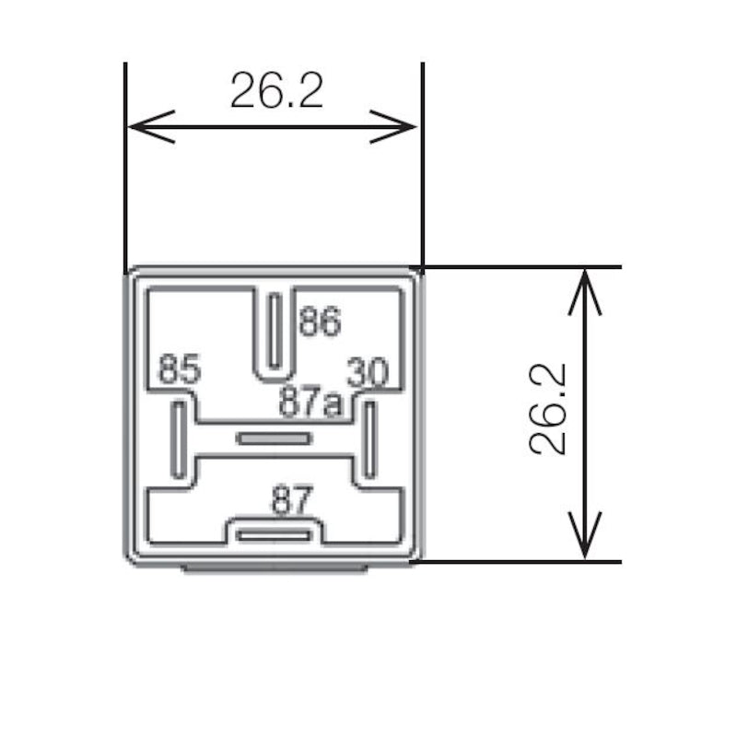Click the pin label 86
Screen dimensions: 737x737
320,321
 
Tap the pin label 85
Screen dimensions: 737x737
180,369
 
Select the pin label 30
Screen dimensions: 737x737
368,372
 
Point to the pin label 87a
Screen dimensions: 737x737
310,402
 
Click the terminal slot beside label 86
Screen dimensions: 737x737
275,331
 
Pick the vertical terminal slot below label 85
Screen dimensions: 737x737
179,440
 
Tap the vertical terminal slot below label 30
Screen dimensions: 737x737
370,440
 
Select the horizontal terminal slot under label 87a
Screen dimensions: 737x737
274,439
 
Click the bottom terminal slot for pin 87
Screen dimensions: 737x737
274,535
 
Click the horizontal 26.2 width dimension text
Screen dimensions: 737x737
277,90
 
